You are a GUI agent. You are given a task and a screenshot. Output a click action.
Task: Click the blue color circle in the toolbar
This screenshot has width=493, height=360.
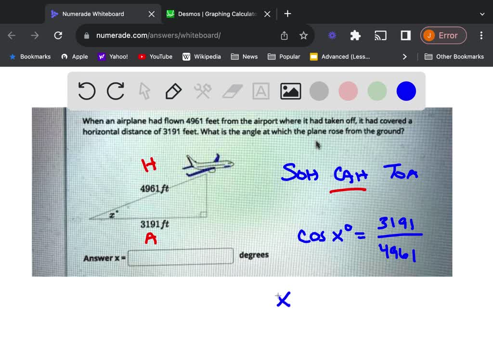click(x=406, y=91)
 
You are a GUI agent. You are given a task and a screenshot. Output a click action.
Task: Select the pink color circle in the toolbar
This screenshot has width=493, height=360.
click(x=348, y=91)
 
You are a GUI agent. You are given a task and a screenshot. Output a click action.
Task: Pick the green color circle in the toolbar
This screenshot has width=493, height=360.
click(x=377, y=91)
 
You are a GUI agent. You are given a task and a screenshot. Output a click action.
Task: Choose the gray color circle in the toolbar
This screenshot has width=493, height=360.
click(x=319, y=91)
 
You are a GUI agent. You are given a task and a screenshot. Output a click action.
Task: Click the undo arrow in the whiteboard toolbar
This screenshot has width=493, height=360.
click(x=87, y=91)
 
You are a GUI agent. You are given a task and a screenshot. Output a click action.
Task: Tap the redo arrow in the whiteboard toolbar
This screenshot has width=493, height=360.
click(x=116, y=91)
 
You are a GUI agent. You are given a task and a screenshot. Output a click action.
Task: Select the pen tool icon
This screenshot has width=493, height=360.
click(x=173, y=91)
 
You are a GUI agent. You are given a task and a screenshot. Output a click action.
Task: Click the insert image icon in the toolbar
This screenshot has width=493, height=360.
click(x=290, y=91)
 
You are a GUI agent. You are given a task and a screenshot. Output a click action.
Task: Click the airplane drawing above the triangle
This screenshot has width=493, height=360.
click(x=208, y=164)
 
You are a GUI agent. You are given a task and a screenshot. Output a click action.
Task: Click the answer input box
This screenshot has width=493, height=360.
click(x=181, y=257)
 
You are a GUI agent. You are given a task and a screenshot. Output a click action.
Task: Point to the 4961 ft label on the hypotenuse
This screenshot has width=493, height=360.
click(x=154, y=189)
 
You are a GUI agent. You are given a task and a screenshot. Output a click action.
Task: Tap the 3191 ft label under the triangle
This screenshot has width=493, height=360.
click(x=154, y=224)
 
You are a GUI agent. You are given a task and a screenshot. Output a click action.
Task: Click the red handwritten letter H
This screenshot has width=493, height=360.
click(x=149, y=166)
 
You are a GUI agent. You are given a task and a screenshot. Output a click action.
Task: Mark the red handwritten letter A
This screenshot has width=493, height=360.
click(x=151, y=238)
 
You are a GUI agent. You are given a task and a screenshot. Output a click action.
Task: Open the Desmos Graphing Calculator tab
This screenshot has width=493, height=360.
click(x=217, y=14)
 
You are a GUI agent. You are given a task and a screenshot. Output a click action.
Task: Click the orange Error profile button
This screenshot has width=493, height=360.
click(x=443, y=35)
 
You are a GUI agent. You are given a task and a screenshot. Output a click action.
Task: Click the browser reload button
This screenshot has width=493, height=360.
click(x=58, y=35)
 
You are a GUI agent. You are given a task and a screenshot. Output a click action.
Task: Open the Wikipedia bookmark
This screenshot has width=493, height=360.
click(x=202, y=56)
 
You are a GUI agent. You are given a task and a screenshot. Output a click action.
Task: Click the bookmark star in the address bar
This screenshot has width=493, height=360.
click(x=303, y=35)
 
